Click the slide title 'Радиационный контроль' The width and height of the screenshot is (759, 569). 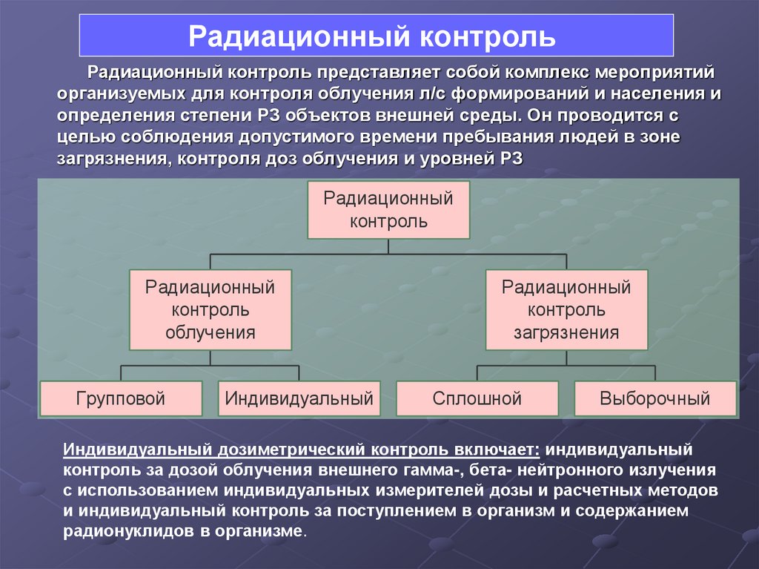(376, 35)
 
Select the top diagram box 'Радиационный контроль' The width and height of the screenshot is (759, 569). (388, 209)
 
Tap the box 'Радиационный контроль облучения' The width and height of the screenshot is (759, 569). (210, 309)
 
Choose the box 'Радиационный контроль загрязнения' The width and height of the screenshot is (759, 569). (566, 309)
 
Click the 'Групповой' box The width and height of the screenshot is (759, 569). (121, 398)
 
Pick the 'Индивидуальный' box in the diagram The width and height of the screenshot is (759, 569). (299, 398)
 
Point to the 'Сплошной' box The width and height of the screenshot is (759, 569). (477, 398)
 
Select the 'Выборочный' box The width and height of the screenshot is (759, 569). (654, 398)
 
